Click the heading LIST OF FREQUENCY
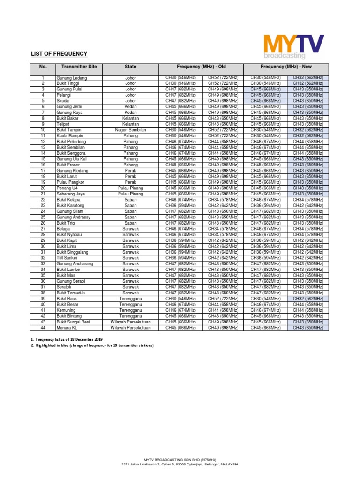click(59, 54)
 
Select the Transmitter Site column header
click(79, 67)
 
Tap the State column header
click(131, 67)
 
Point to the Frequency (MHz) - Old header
click(201, 67)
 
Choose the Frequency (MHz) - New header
click(286, 67)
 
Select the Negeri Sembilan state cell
click(131, 130)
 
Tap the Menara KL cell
click(67, 328)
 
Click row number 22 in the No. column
click(43, 200)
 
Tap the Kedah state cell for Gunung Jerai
click(131, 107)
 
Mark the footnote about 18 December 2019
click(67, 339)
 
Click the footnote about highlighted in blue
click(92, 345)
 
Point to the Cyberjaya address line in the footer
click(180, 464)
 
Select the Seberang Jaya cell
click(70, 194)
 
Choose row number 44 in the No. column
click(43, 328)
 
